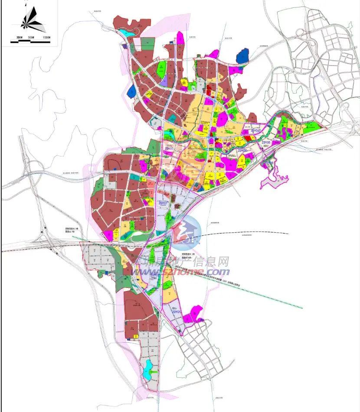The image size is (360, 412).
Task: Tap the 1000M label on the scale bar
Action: [x=46, y=39]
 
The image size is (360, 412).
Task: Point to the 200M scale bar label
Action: [x=18, y=39]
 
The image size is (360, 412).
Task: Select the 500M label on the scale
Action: [x=31, y=39]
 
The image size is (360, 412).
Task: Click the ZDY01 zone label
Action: [x=176, y=312]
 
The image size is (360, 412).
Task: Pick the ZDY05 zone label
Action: [x=266, y=142]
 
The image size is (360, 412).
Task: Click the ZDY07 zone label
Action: [x=164, y=203]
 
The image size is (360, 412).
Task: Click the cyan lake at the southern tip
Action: [x=148, y=368]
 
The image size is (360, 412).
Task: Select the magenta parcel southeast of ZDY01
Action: [x=193, y=315]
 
